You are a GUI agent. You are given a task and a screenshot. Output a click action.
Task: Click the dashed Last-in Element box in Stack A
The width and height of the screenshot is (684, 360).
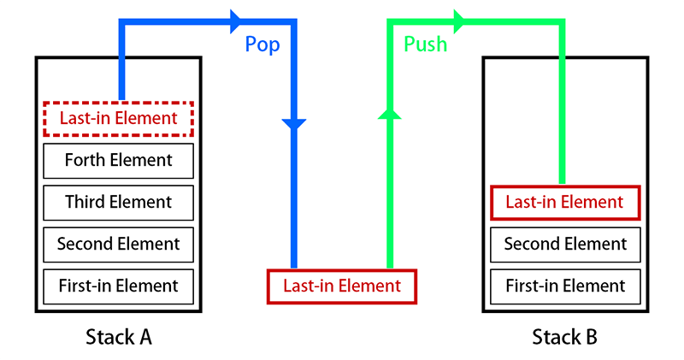tap(118, 118)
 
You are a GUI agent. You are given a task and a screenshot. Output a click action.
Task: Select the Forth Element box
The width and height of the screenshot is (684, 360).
tap(118, 160)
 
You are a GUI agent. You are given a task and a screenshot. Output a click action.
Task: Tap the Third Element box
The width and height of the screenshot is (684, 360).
tap(118, 202)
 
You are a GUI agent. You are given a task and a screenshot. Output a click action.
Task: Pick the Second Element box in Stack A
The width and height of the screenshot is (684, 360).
tap(118, 244)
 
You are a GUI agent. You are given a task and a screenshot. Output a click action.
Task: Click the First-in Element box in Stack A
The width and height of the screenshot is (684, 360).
tap(118, 286)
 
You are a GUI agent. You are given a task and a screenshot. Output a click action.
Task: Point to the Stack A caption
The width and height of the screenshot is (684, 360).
tap(119, 337)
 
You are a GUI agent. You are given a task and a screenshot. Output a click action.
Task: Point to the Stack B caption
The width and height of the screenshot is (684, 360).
tap(564, 337)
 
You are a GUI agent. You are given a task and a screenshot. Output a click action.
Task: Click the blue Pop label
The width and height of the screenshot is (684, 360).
tap(262, 44)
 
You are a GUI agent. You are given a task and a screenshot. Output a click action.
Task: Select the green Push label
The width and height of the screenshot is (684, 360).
tap(425, 44)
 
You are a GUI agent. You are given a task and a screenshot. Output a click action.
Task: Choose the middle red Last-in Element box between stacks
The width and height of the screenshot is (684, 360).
tap(341, 286)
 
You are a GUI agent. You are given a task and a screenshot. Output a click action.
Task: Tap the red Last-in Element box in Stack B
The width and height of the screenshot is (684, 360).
tap(564, 202)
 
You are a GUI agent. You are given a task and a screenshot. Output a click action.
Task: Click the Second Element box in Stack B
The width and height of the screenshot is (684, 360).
tap(564, 244)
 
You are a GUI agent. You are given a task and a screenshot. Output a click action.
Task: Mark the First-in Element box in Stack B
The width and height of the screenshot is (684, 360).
tap(564, 286)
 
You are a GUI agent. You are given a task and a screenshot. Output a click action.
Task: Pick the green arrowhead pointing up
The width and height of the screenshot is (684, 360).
tap(390, 113)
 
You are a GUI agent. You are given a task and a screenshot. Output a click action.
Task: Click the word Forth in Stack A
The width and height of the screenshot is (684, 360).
tap(85, 160)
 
